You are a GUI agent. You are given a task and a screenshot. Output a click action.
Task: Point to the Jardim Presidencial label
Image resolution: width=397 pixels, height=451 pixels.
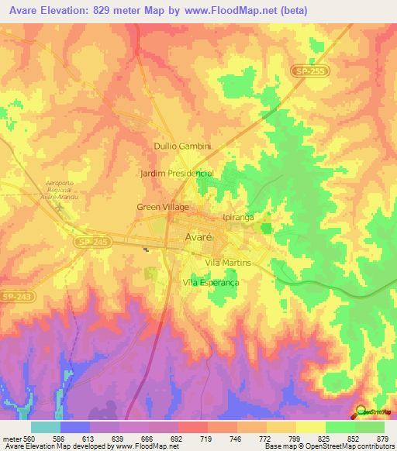pyautogui.click(x=176, y=174)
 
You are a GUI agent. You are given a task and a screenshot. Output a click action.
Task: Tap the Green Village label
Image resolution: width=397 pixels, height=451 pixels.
pyautogui.click(x=162, y=207)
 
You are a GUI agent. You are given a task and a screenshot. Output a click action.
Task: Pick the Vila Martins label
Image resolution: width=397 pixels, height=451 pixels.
pyautogui.click(x=227, y=263)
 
